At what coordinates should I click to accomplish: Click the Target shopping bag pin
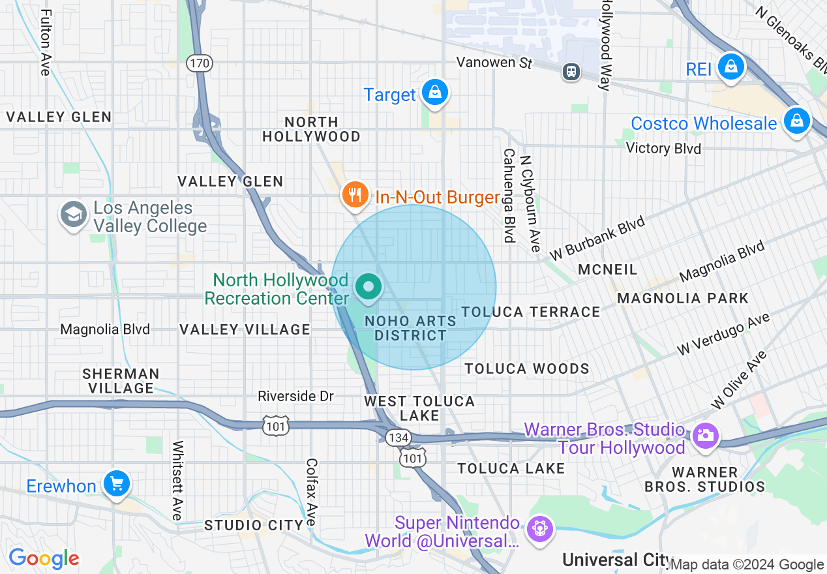coord(434,93)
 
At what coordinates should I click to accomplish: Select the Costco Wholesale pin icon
coord(796,121)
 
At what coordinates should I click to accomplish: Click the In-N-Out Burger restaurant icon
coord(355,194)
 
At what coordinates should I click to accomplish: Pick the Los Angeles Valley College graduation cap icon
coord(74,215)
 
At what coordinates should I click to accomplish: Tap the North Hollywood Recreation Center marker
coord(368,287)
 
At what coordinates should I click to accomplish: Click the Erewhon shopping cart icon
coord(117,484)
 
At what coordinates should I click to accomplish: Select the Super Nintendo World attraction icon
coord(540,529)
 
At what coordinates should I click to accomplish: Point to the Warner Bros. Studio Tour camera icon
coord(704,435)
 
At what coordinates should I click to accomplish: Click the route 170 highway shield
coord(199,63)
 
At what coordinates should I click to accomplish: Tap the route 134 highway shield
coord(397,437)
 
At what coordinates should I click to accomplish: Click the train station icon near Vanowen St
coord(572,71)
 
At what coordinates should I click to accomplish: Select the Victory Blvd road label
coord(663,149)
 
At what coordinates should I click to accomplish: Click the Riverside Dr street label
coord(295,396)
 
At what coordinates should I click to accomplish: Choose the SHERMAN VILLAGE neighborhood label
coord(121,381)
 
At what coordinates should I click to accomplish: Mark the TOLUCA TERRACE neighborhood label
coord(531,312)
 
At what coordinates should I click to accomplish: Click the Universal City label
coord(616,560)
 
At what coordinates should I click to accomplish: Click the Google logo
coord(44,558)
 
